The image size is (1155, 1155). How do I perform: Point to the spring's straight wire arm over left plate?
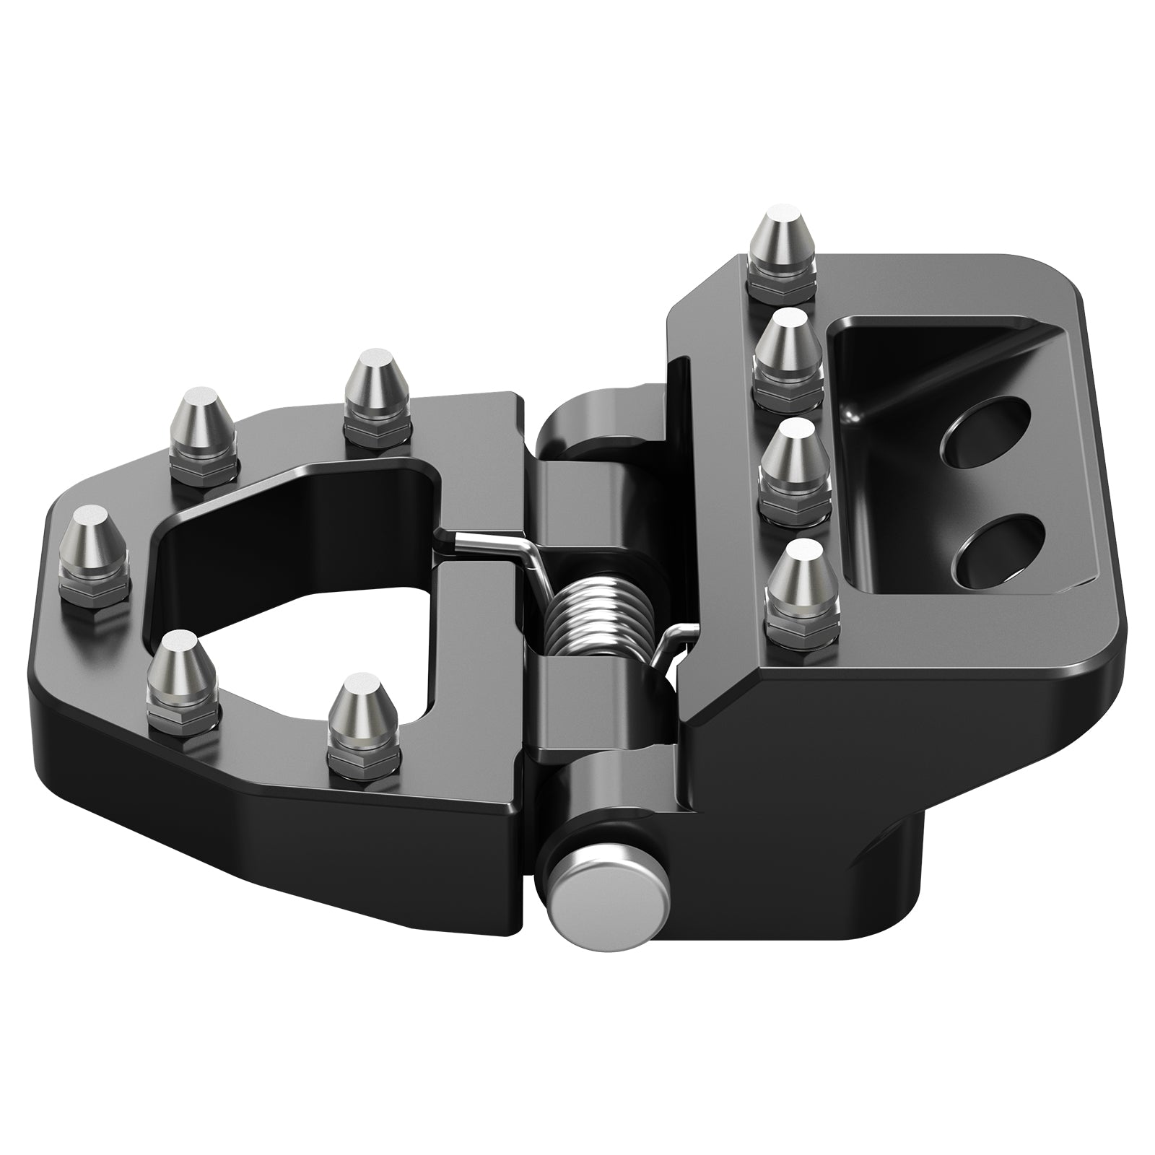pyautogui.click(x=491, y=541)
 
